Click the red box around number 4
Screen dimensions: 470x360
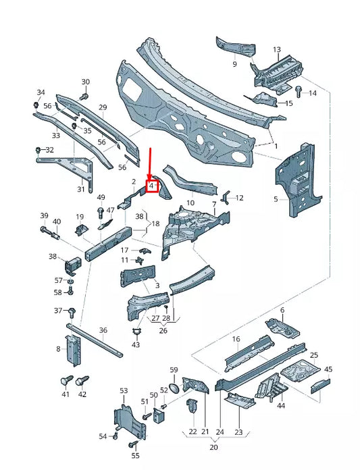click(x=152, y=185)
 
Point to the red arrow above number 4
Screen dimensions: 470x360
click(x=151, y=162)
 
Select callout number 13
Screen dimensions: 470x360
click(x=276, y=50)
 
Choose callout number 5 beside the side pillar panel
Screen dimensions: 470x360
click(x=276, y=199)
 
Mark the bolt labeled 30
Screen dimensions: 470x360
click(x=84, y=97)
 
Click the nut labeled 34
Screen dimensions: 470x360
click(x=36, y=105)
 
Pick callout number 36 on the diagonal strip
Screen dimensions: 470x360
click(x=103, y=331)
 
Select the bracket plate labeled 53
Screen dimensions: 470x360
click(x=124, y=413)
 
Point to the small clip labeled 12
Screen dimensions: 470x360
click(x=228, y=197)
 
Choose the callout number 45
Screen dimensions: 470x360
click(x=328, y=369)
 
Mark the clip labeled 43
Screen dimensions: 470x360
click(x=136, y=332)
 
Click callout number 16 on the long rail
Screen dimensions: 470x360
click(x=236, y=339)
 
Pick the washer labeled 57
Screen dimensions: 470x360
click(x=70, y=280)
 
